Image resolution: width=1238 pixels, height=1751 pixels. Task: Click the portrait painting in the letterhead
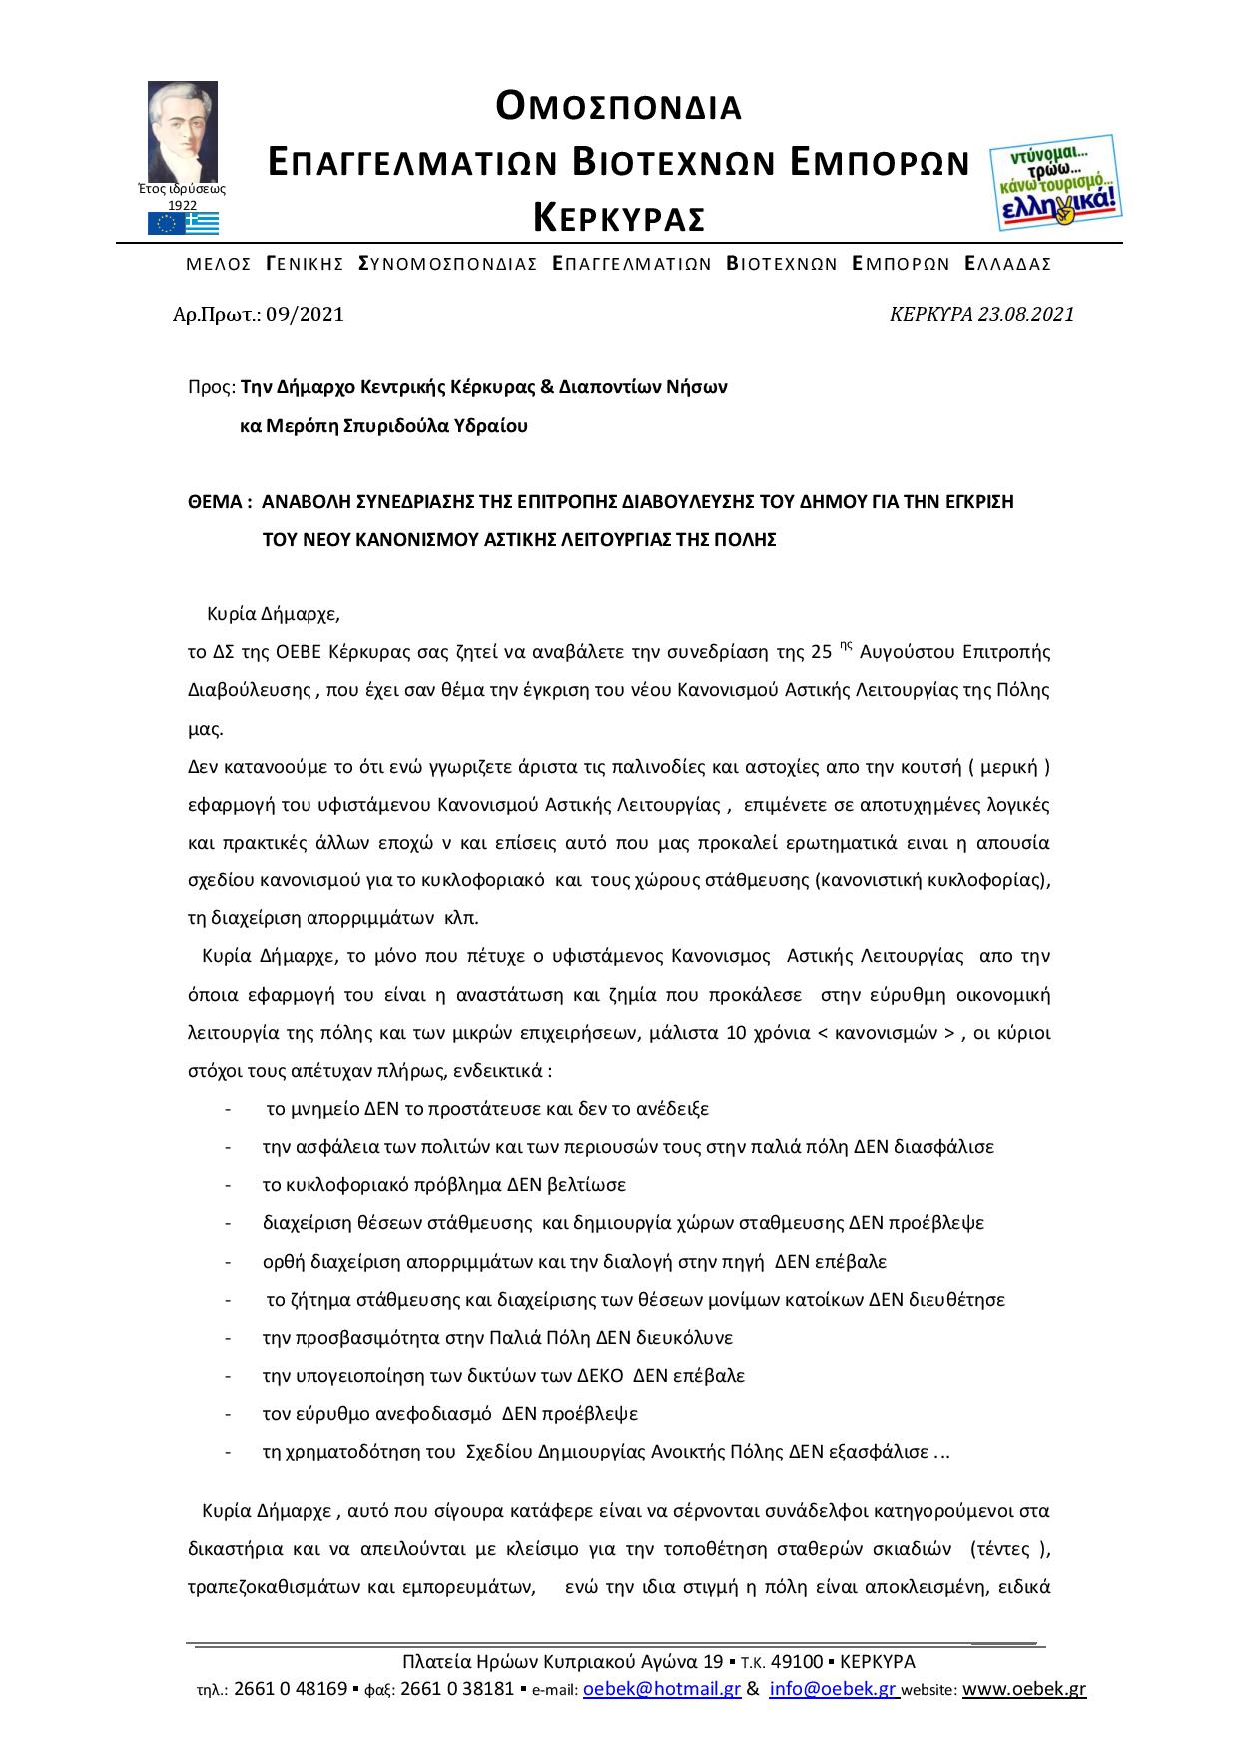point(183,130)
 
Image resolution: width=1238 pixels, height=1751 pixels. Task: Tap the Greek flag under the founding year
point(203,224)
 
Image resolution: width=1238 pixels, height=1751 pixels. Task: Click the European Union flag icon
point(164,224)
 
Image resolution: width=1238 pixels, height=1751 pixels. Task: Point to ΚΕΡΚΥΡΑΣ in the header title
point(619,216)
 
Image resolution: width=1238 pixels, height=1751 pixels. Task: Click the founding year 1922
point(182,205)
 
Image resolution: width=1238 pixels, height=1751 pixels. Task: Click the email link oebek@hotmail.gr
point(660,1689)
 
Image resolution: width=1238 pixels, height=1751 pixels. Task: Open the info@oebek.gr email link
point(834,1689)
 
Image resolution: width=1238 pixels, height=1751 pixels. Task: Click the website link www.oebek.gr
point(1024,1689)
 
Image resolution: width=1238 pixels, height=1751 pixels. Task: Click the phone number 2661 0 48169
point(291,1689)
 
